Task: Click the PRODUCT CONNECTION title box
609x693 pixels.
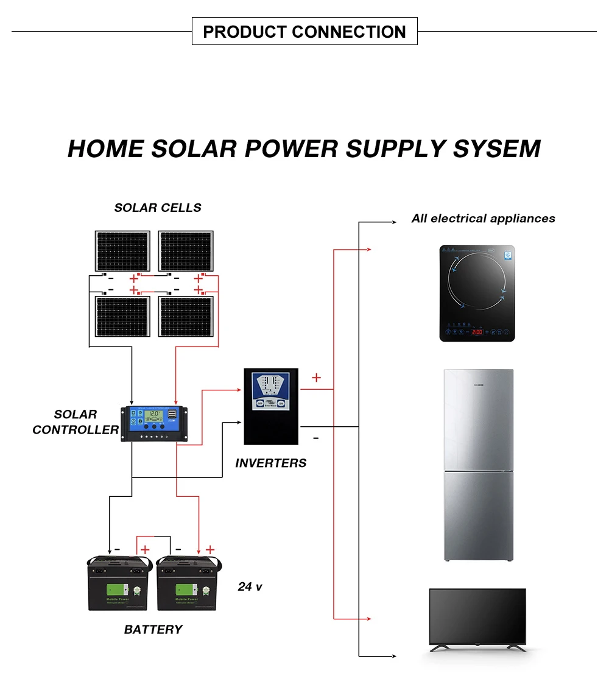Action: [x=304, y=32]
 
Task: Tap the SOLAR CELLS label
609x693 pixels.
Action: [x=158, y=208]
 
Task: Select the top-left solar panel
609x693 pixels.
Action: [x=122, y=251]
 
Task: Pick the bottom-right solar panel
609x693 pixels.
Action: [x=186, y=317]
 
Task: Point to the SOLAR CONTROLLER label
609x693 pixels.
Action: [x=76, y=422]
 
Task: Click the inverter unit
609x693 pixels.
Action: [x=271, y=406]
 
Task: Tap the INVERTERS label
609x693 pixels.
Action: [x=271, y=463]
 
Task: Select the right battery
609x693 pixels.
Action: [x=186, y=583]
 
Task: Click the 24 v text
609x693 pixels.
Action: [x=250, y=587]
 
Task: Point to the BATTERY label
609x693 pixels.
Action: [x=153, y=630]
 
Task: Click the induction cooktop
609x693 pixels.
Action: [x=477, y=293]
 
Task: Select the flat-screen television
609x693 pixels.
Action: [x=477, y=619]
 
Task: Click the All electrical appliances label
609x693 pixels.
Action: [x=483, y=219]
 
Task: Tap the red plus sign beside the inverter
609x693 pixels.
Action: [x=316, y=378]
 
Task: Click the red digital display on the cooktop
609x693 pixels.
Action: [x=477, y=332]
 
